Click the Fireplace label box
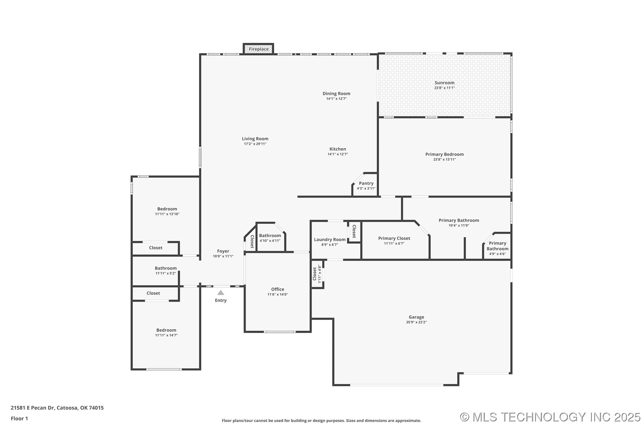258,49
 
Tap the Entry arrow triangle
221,293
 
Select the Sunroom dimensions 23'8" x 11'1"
444,88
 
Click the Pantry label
366,183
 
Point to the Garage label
416,317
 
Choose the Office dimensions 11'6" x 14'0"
278,294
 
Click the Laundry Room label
330,240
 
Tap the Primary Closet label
394,238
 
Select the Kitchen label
338,149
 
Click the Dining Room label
336,94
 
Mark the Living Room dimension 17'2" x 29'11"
255,144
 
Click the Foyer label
223,251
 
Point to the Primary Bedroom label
444,154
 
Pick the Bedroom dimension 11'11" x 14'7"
166,335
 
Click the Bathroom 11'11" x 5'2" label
165,268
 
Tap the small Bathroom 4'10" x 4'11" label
270,236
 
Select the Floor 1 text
19,419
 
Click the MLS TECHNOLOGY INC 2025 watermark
550,417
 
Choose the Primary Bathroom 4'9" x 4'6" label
497,246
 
